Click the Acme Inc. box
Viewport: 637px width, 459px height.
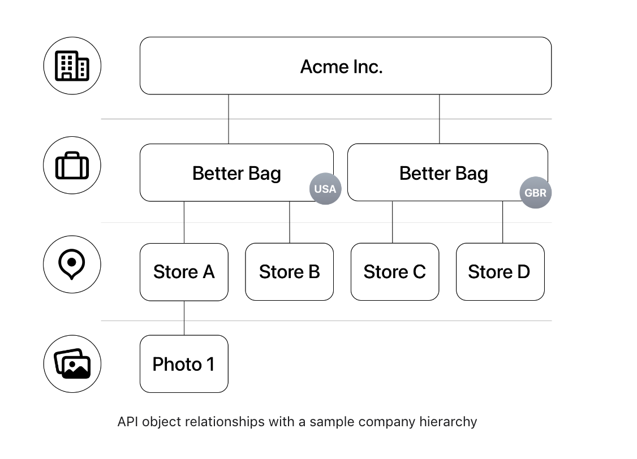coord(345,66)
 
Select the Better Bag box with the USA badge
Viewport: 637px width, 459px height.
coord(236,172)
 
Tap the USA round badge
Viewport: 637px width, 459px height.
coord(325,189)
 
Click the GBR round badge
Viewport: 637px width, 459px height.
coord(535,193)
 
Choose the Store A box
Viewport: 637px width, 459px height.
coord(184,272)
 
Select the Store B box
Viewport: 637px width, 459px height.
coord(289,272)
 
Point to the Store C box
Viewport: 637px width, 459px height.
coord(394,272)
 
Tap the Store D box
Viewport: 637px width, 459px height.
coord(500,272)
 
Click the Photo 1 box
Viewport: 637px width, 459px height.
coord(184,364)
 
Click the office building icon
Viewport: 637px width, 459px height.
coord(72,66)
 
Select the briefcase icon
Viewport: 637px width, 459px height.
coord(72,166)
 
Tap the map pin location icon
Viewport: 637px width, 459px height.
coord(72,265)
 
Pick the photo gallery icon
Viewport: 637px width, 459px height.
coord(72,364)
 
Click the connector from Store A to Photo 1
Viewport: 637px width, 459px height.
coord(184,318)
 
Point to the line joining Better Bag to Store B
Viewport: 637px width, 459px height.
coord(290,222)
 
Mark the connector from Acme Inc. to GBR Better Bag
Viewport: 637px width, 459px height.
coord(440,119)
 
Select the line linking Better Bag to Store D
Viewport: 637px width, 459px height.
coord(502,222)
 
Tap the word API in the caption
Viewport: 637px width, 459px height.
coord(127,422)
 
